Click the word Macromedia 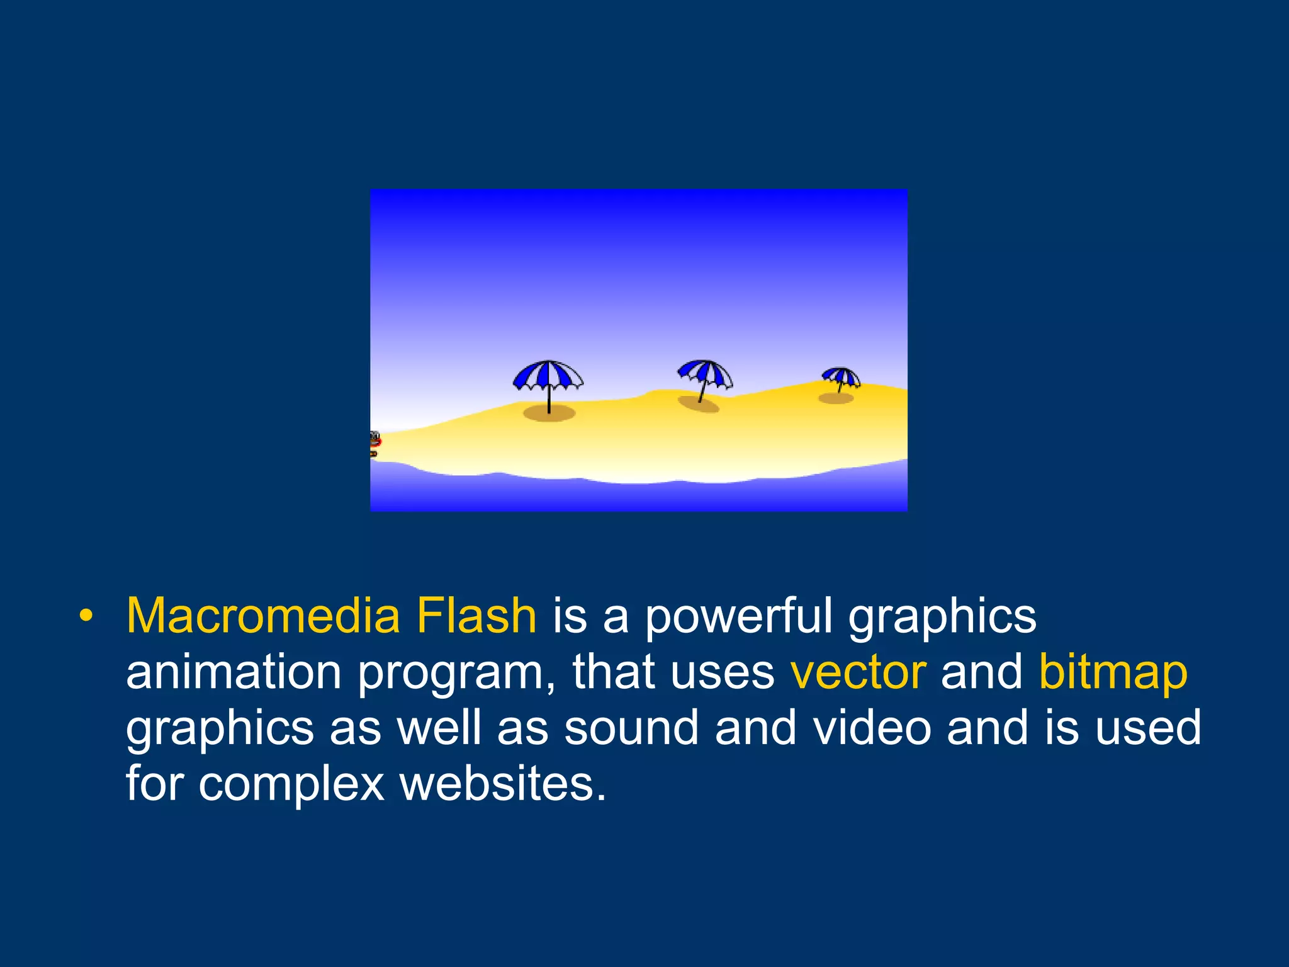tap(263, 616)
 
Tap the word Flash tap(476, 616)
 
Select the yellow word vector tap(858, 672)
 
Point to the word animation tap(234, 672)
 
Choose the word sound tap(631, 728)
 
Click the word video tap(872, 728)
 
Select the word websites tap(503, 784)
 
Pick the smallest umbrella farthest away tap(841, 377)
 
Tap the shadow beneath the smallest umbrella tap(836, 399)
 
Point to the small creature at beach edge tap(374, 443)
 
